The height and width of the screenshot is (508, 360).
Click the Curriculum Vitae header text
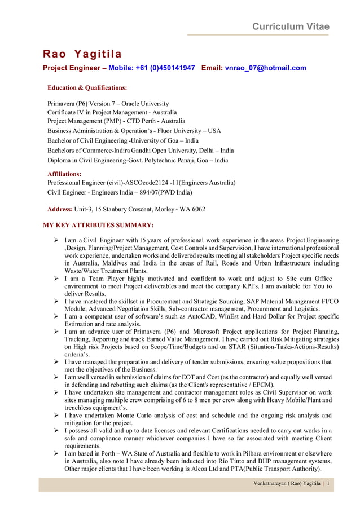pos(291,26)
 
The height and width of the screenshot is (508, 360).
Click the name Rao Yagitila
pos(82,54)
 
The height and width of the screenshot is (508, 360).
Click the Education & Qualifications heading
pos(87,88)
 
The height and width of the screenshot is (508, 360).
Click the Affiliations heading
pos(64,174)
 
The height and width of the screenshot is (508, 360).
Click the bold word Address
pos(59,209)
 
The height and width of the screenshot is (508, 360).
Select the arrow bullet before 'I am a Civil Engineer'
pos(56,241)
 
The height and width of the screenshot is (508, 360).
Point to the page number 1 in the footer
pos(327,484)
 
